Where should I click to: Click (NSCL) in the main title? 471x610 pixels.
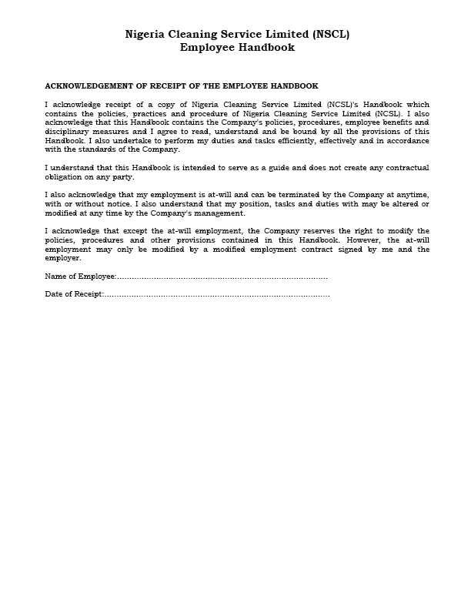tap(331, 35)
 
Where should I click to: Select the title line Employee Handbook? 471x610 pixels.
tap(237, 48)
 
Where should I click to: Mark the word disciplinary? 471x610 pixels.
tap(68, 132)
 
